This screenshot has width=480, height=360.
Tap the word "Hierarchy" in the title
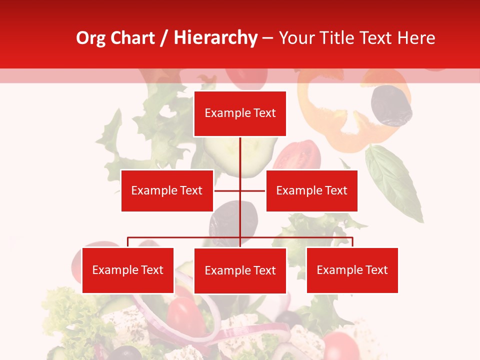click(215, 38)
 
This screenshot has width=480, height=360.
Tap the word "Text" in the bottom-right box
click(376, 270)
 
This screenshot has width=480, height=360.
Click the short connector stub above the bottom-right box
click(352, 242)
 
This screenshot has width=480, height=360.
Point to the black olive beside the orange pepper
click(391, 105)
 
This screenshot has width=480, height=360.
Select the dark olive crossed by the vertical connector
click(233, 220)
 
